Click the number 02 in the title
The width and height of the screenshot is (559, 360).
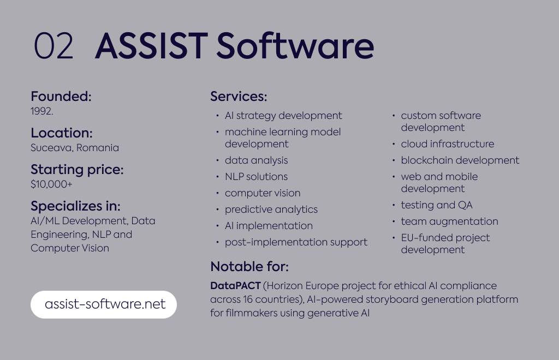[x=53, y=46]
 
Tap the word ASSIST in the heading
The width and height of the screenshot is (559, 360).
[x=152, y=46]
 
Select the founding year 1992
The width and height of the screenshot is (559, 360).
[x=41, y=111]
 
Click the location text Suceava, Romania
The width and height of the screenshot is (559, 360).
[x=75, y=147]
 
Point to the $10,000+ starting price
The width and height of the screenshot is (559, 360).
[x=51, y=184]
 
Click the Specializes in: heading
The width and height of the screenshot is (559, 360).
[x=75, y=206]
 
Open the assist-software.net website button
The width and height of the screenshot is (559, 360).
[x=104, y=304]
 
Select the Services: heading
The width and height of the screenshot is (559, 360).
[x=239, y=96]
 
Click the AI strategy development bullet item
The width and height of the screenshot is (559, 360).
[x=283, y=116]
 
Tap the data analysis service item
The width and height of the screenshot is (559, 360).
[x=257, y=160]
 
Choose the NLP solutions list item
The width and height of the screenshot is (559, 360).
[x=257, y=177]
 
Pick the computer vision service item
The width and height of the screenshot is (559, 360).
[x=263, y=193]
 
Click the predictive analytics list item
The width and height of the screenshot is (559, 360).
[x=271, y=209]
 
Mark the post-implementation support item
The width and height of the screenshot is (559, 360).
[x=296, y=242]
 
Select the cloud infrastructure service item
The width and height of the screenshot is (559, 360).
[x=448, y=144]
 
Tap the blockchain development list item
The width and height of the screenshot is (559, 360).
[x=460, y=160]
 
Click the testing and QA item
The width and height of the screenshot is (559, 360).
[x=437, y=205]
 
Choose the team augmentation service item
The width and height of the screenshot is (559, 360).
[x=450, y=221]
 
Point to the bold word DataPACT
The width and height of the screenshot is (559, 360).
[x=235, y=286]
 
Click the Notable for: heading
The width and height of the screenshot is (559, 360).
[x=249, y=266]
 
